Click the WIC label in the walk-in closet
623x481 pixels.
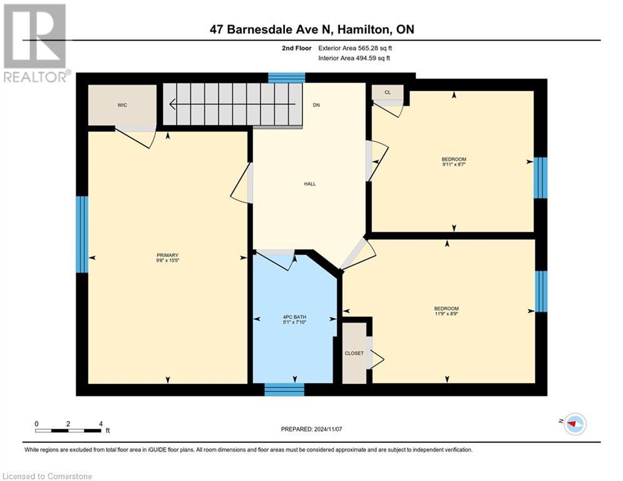[122, 105]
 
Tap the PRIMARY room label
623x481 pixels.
[167, 255]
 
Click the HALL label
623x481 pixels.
[309, 184]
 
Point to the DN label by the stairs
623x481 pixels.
[316, 105]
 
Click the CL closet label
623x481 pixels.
[387, 93]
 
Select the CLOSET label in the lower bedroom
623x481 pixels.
[354, 353]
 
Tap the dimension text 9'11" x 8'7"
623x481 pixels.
[453, 165]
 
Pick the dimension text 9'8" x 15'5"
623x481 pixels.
[167, 261]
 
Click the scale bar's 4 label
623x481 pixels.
[101, 423]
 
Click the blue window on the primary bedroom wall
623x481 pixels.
[82, 234]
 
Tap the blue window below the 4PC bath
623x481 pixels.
[284, 390]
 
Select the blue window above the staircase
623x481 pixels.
[287, 78]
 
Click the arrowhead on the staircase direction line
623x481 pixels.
[171, 105]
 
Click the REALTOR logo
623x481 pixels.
[35, 43]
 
